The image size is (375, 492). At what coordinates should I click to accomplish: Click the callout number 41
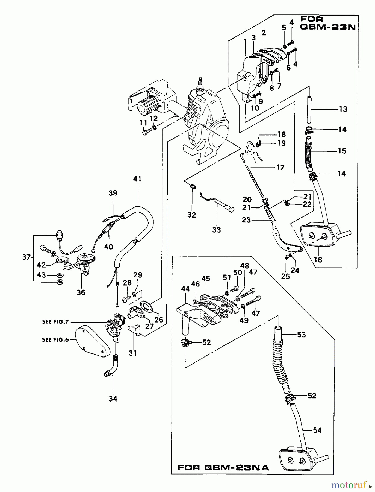click(137, 179)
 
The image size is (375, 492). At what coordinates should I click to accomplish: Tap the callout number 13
click(343, 109)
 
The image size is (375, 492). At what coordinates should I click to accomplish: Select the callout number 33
click(216, 230)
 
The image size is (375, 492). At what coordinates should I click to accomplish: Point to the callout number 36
click(81, 292)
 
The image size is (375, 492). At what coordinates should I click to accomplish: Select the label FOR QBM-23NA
click(223, 467)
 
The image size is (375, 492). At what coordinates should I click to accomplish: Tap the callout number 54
click(317, 430)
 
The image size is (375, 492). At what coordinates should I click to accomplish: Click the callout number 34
click(113, 399)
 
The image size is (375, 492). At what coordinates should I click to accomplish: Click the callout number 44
click(185, 289)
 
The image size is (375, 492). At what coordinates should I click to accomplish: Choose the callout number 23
click(246, 220)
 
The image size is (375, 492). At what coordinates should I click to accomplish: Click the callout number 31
click(133, 353)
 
